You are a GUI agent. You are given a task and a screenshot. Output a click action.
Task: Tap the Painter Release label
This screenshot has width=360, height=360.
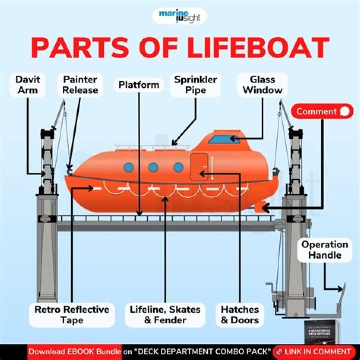(80, 85)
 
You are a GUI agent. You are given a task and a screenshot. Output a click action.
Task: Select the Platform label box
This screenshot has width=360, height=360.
(139, 85)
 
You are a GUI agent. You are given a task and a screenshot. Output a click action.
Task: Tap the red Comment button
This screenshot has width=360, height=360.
(322, 111)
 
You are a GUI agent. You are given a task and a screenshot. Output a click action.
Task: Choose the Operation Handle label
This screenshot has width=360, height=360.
(324, 250)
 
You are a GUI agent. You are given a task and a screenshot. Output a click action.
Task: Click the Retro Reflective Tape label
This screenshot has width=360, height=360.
(72, 315)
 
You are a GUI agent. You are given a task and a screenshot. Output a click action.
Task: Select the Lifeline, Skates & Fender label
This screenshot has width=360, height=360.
(165, 315)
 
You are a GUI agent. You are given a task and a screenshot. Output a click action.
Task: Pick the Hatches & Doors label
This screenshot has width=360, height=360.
(240, 315)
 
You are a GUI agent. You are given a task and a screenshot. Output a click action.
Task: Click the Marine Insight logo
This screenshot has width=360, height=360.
(179, 16)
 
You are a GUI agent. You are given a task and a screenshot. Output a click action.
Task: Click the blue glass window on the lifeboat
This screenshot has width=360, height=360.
(224, 138)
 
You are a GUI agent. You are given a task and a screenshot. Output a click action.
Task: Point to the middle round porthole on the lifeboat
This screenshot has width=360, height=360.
(153, 167)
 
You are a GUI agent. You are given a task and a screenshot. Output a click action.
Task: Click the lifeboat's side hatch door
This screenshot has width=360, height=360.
(199, 167)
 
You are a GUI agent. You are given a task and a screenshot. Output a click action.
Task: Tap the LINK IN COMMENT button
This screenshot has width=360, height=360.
(314, 352)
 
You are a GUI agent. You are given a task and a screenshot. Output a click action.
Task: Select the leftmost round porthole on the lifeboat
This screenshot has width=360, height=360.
(129, 167)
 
